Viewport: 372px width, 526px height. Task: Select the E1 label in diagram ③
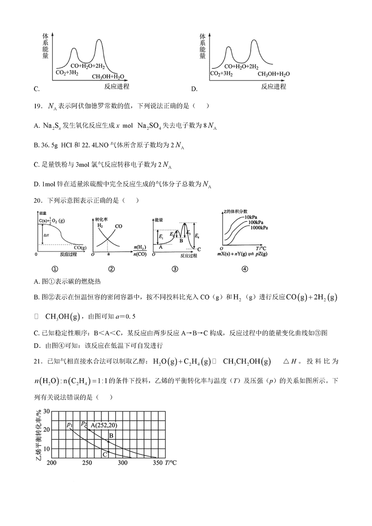pos(161,237)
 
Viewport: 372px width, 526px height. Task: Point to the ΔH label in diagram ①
pos(45,235)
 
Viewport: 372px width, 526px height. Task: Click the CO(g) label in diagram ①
pos(80,248)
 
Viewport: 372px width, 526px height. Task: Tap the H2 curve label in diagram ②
pos(100,226)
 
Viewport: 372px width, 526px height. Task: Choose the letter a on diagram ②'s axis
pos(109,255)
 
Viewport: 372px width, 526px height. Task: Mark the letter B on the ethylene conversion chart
pos(111,435)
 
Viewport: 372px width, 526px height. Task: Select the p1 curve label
pos(69,424)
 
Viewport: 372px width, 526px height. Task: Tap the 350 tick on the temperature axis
pos(158,463)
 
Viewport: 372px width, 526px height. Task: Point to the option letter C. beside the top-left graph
pos(37,88)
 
